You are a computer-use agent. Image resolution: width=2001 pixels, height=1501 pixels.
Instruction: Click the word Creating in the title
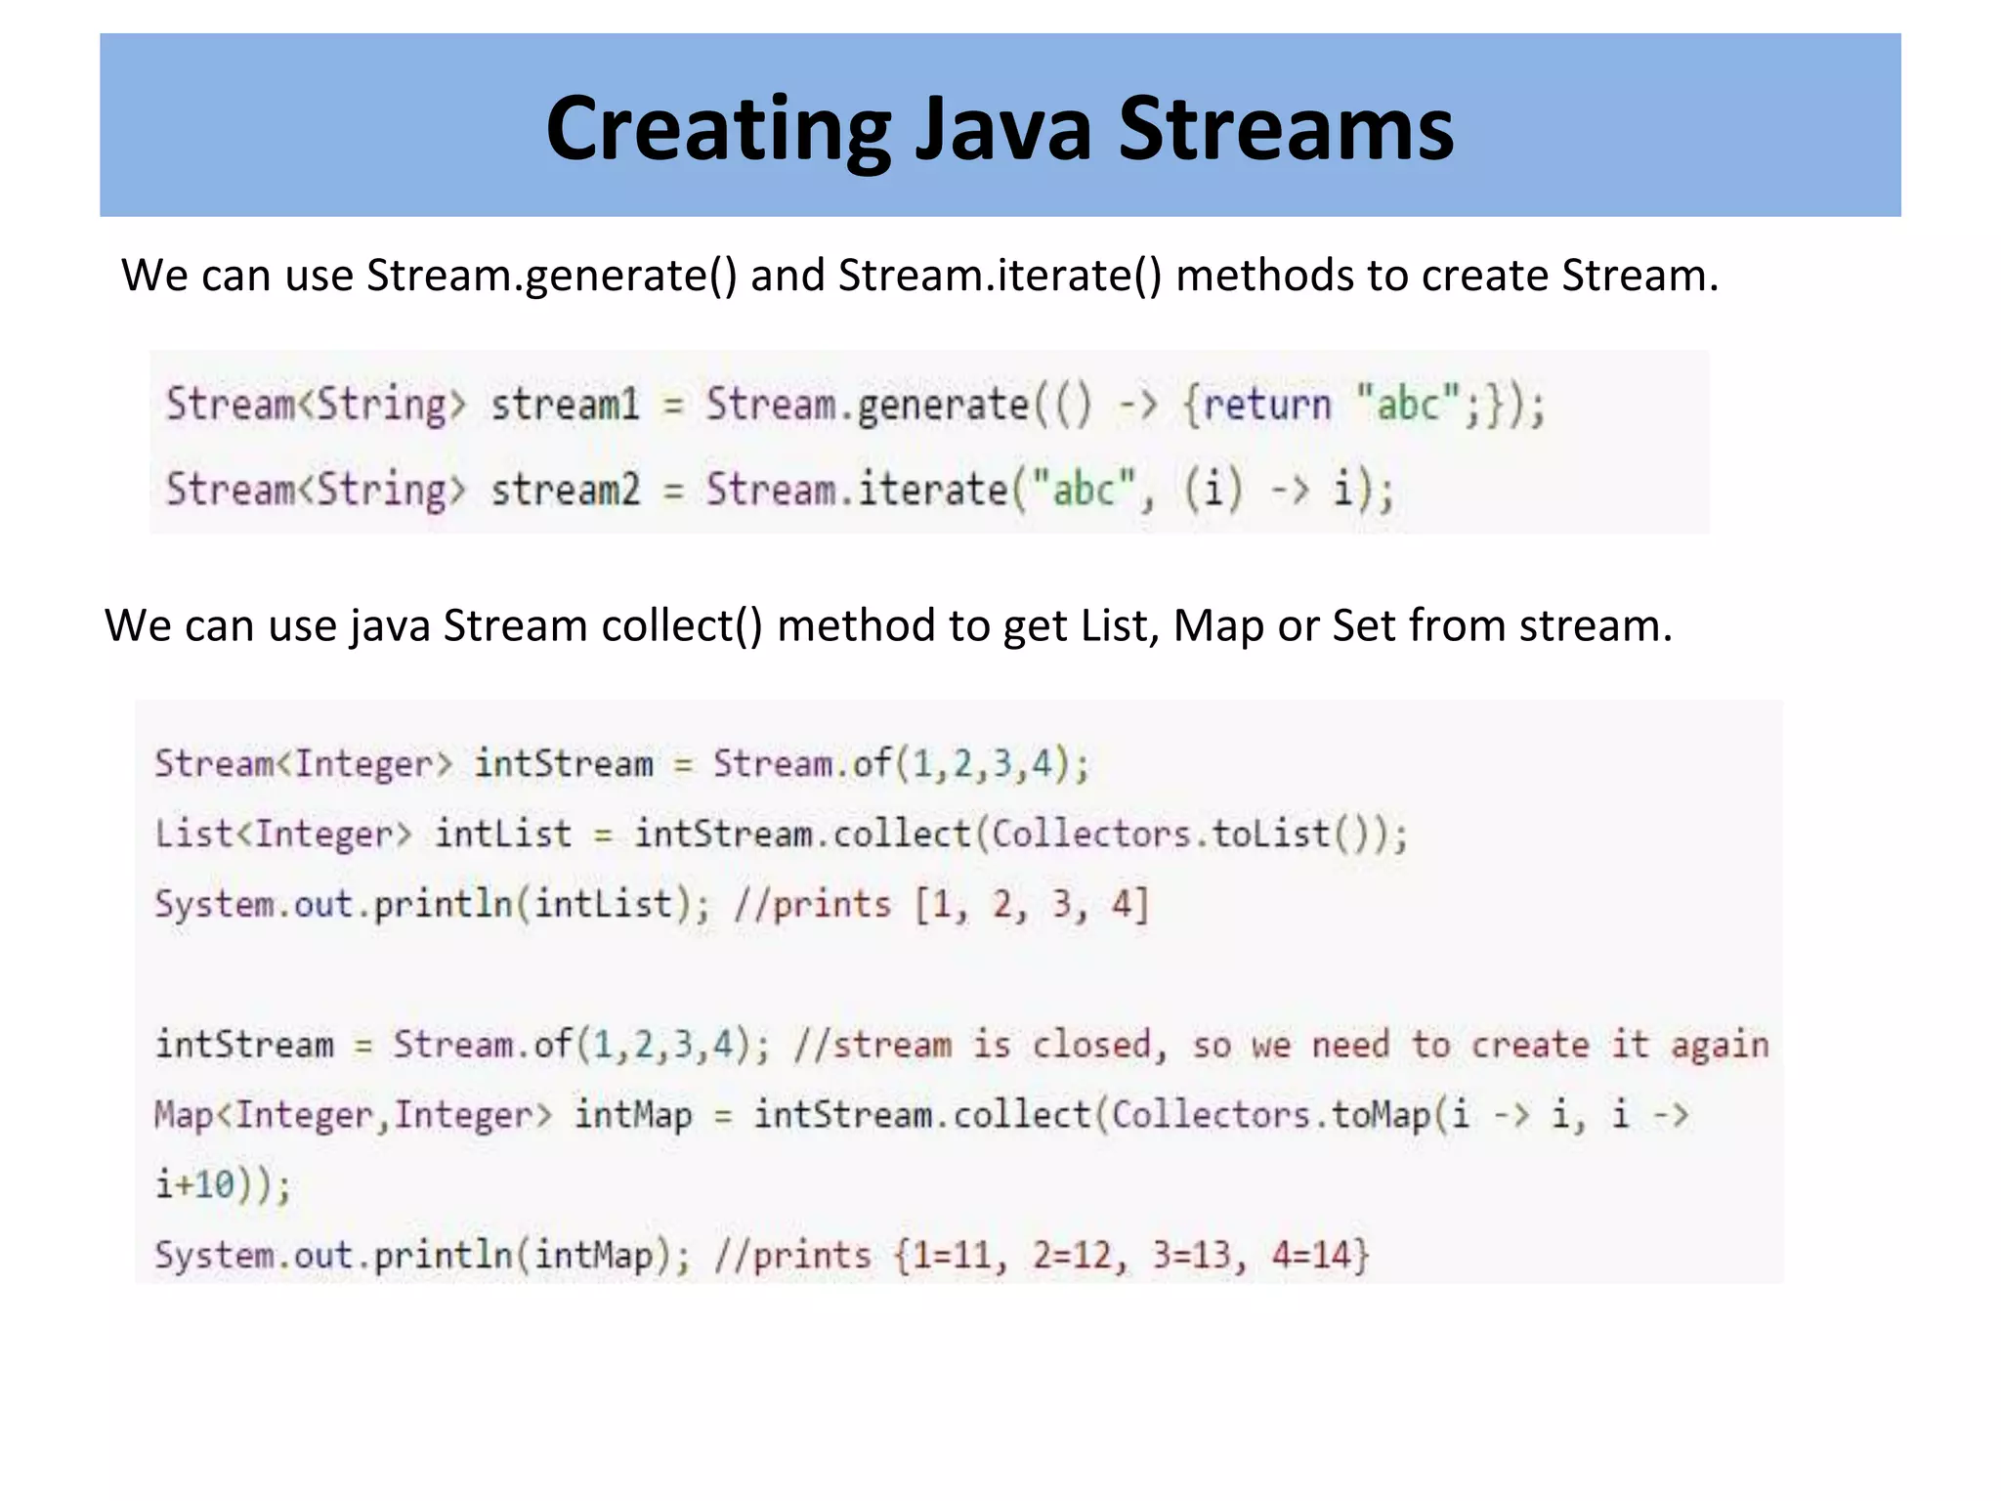[718, 129]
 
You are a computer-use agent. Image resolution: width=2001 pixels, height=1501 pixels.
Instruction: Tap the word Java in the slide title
[1003, 129]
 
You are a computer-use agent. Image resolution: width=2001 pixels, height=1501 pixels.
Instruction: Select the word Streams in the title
[1286, 129]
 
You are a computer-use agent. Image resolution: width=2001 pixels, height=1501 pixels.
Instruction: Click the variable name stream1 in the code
[565, 405]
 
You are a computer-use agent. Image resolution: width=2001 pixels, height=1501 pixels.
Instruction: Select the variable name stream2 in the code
[565, 490]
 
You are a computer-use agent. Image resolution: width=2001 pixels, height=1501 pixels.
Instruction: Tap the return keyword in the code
[1267, 405]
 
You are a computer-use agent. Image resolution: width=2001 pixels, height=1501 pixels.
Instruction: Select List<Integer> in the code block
[283, 835]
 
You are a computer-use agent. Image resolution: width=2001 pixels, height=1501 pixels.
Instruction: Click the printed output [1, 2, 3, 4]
[1032, 905]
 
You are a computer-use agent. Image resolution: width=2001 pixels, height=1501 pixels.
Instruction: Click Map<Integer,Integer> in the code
[353, 1115]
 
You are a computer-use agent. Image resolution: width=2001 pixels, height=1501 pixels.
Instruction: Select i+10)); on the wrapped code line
[223, 1185]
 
